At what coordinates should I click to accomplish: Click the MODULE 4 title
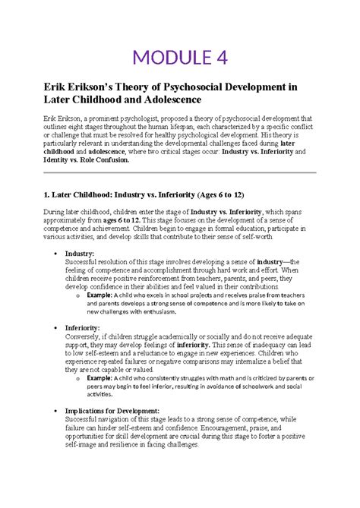[179, 57]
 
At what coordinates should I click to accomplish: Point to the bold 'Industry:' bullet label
[79, 254]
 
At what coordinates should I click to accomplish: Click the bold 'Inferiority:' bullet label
[84, 328]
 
